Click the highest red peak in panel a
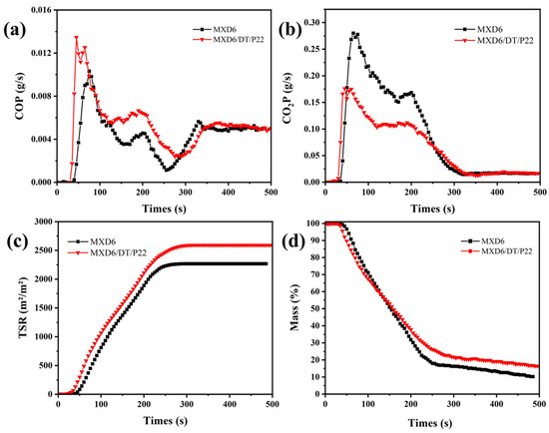[x=77, y=38]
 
